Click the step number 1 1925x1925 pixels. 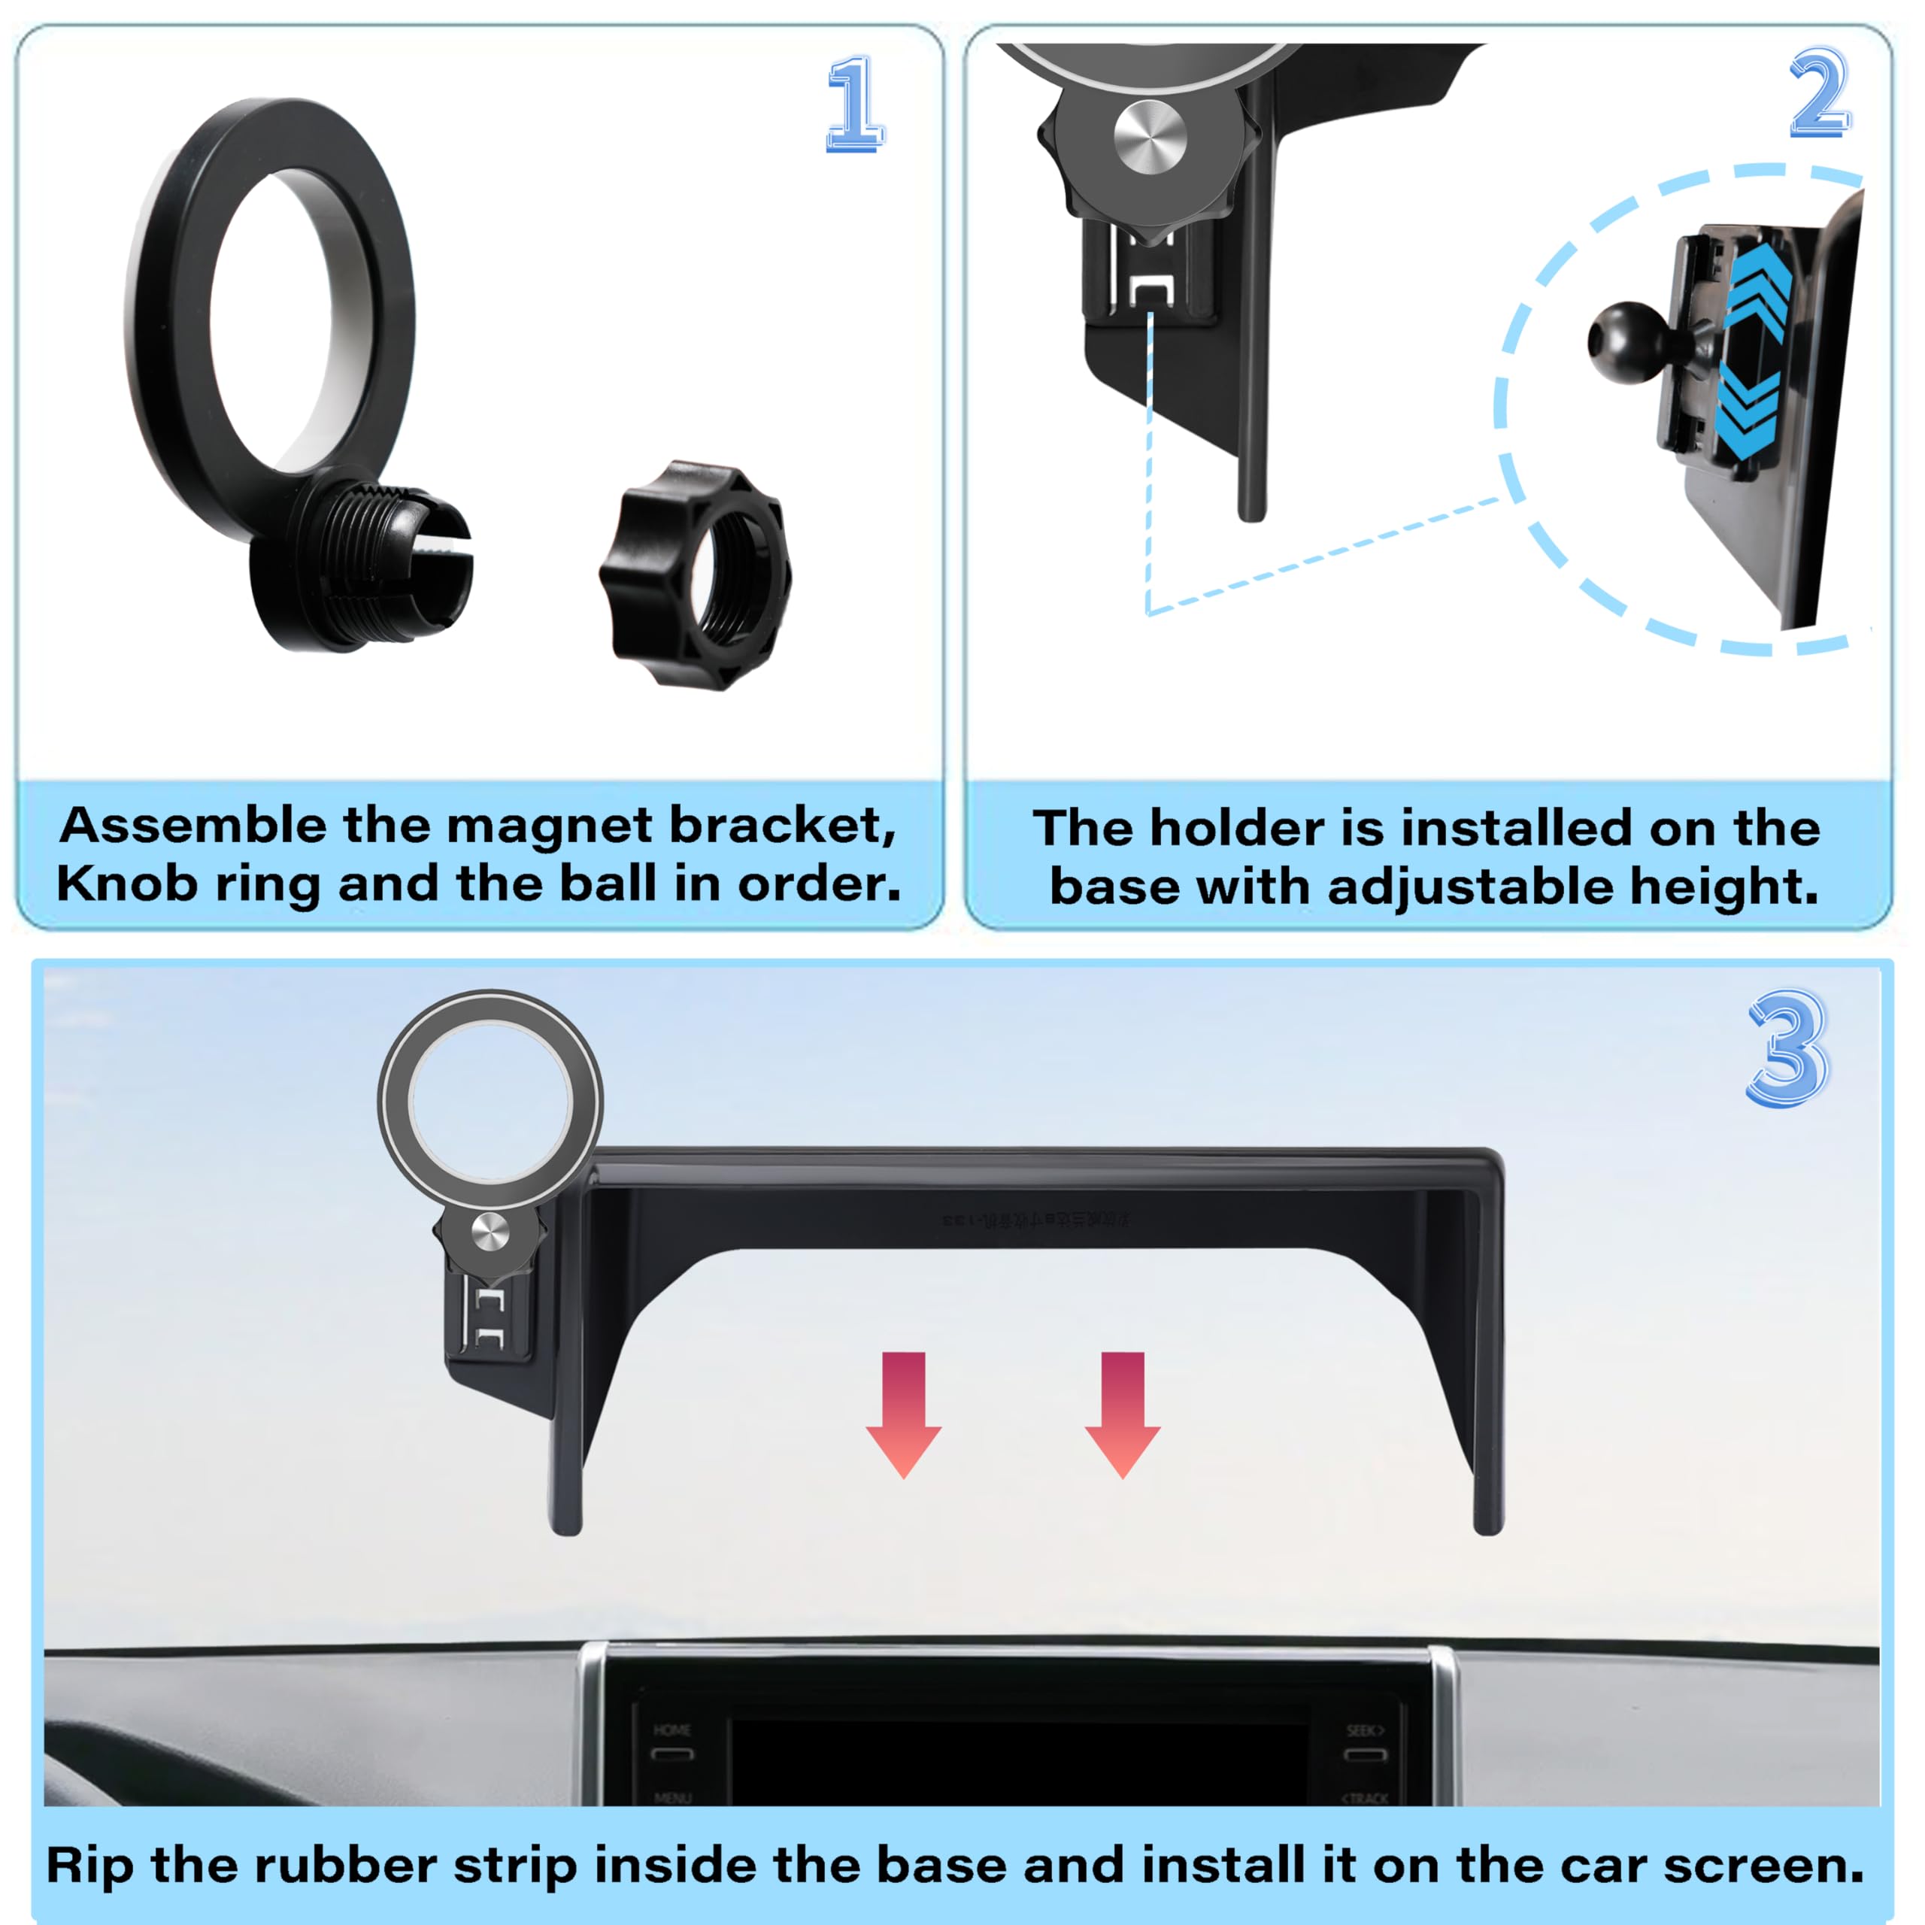[854, 104]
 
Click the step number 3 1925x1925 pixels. [1787, 1049]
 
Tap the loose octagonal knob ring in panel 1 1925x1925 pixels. [696, 575]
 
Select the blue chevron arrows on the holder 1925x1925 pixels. [1754, 353]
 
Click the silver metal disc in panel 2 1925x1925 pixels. [1150, 137]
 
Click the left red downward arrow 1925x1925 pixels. [904, 1413]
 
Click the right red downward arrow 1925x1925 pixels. [1122, 1413]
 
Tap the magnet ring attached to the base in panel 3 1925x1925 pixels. [490, 1100]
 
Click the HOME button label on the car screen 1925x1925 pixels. [671, 1729]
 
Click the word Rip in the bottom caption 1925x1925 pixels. [89, 1865]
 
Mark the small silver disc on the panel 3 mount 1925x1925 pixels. [490, 1233]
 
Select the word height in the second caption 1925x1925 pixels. [1723, 887]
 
